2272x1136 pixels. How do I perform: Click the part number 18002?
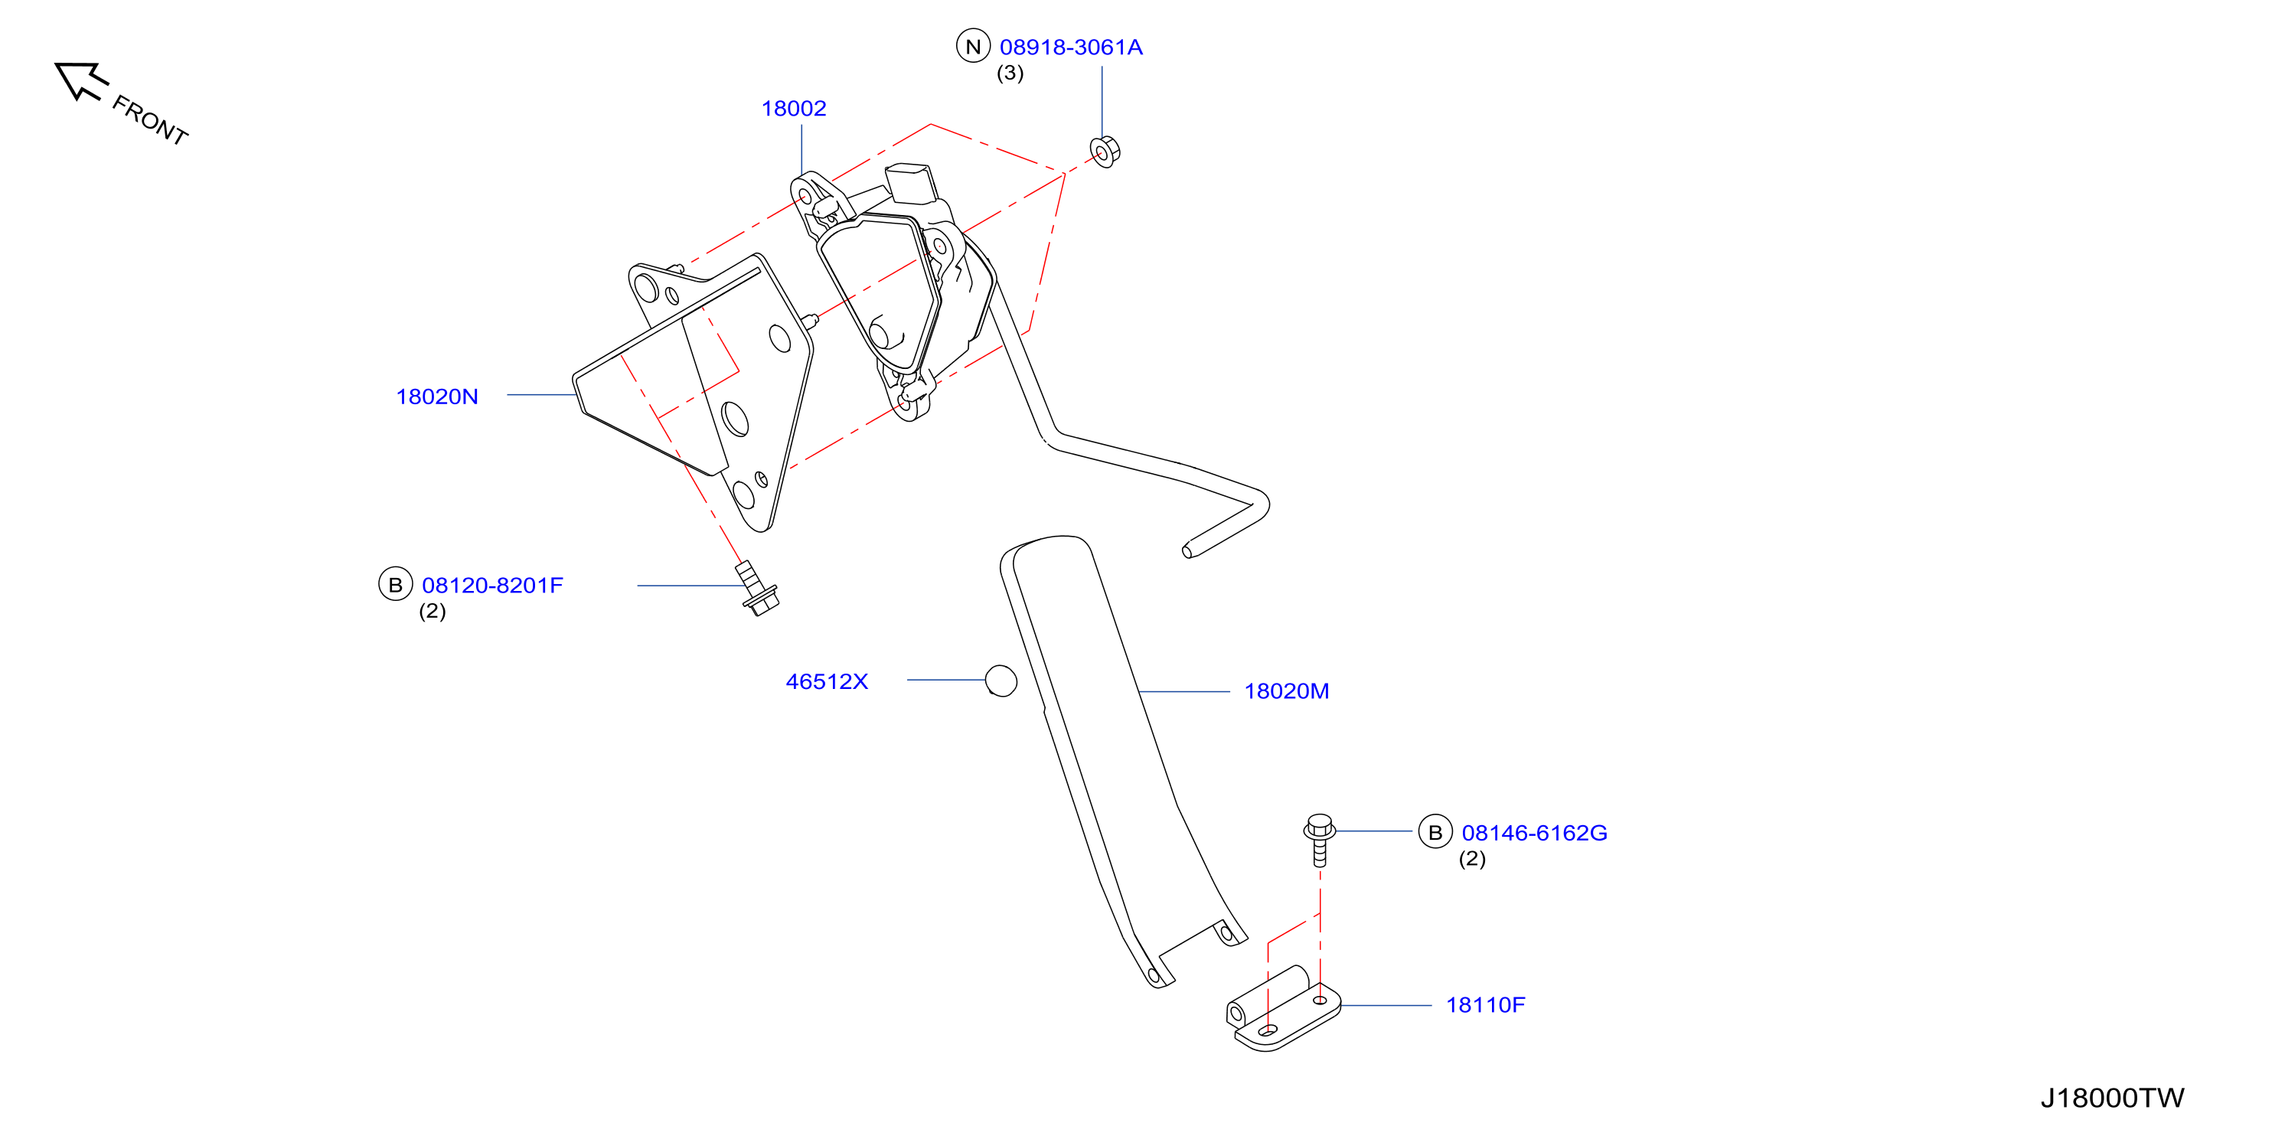(794, 109)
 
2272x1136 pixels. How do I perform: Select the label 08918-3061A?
(1071, 47)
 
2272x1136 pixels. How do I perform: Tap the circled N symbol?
(973, 47)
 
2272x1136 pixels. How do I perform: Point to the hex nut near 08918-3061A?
(1105, 152)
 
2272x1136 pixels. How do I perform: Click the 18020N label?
(436, 397)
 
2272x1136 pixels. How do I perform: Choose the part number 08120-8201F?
(492, 586)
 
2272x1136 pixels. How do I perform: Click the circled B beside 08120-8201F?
(395, 584)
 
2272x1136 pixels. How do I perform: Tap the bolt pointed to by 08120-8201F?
(756, 588)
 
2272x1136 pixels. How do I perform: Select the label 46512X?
(827, 682)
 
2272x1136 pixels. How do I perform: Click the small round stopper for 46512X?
(1001, 681)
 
